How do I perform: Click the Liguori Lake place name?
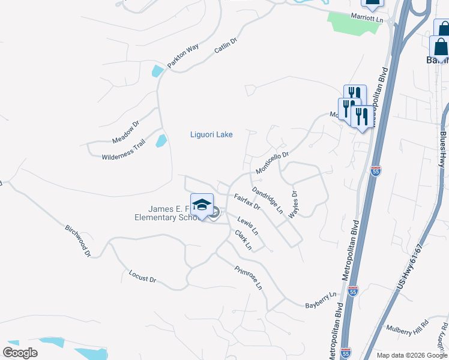211,134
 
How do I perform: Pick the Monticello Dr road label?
272,163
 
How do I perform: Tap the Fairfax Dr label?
247,202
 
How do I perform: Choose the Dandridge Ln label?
268,200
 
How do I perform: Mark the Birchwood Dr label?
77,242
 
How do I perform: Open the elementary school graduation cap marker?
202,204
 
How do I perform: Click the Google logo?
20,353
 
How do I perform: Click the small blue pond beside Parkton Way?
157,71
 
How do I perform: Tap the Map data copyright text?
411,355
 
